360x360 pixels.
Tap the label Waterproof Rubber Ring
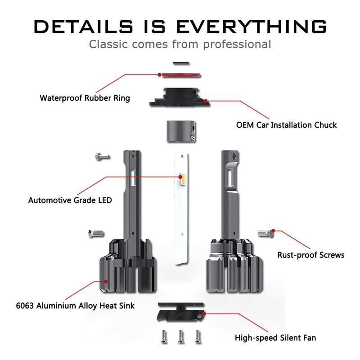coord(85,98)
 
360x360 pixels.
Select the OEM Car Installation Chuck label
coord(286,125)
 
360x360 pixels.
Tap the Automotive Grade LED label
coord(70,200)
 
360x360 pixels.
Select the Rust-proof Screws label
coord(310,255)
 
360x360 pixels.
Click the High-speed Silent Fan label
coord(275,337)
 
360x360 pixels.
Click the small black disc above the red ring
coord(180,63)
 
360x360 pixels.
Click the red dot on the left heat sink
coord(106,281)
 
